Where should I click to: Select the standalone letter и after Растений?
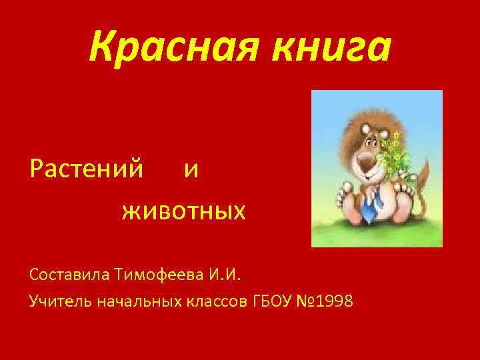[191, 171]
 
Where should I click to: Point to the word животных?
[184, 212]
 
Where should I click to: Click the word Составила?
[70, 274]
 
